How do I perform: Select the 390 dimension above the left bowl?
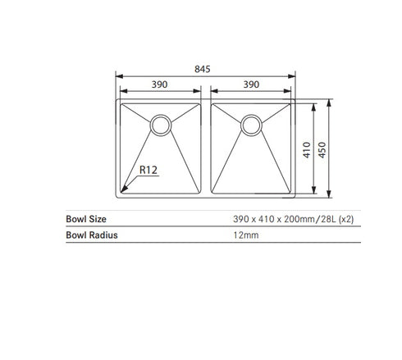(160, 84)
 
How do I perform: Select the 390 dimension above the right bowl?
(251, 84)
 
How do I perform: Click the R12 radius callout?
(148, 171)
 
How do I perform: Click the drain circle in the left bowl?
(160, 125)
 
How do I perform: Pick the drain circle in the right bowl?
(251, 125)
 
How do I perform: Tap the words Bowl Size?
(85, 220)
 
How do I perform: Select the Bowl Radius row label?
(91, 235)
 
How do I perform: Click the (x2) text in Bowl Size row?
(345, 220)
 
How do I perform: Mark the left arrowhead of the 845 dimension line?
(116, 79)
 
